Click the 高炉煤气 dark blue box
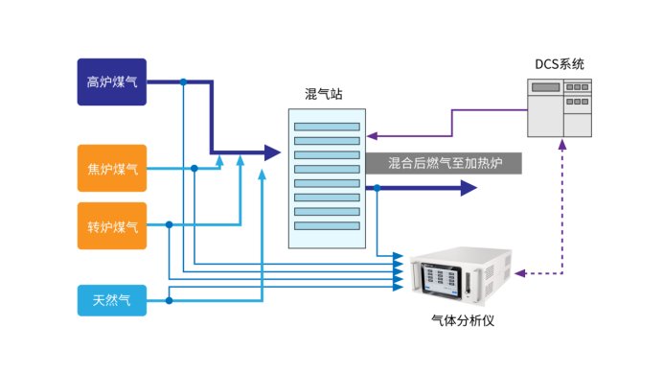tap(112, 82)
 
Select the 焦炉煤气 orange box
tap(112, 169)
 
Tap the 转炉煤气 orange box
tap(112, 226)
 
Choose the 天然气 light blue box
tap(112, 300)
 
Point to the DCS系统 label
tap(559, 64)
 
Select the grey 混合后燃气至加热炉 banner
tap(443, 162)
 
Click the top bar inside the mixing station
tap(327, 127)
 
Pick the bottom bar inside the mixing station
tap(327, 226)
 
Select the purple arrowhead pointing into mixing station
tap(371, 135)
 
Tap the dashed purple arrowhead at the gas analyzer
tap(519, 273)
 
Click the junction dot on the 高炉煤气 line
tap(182, 82)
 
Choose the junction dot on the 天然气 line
tap(169, 300)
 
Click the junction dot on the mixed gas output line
tap(378, 188)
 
